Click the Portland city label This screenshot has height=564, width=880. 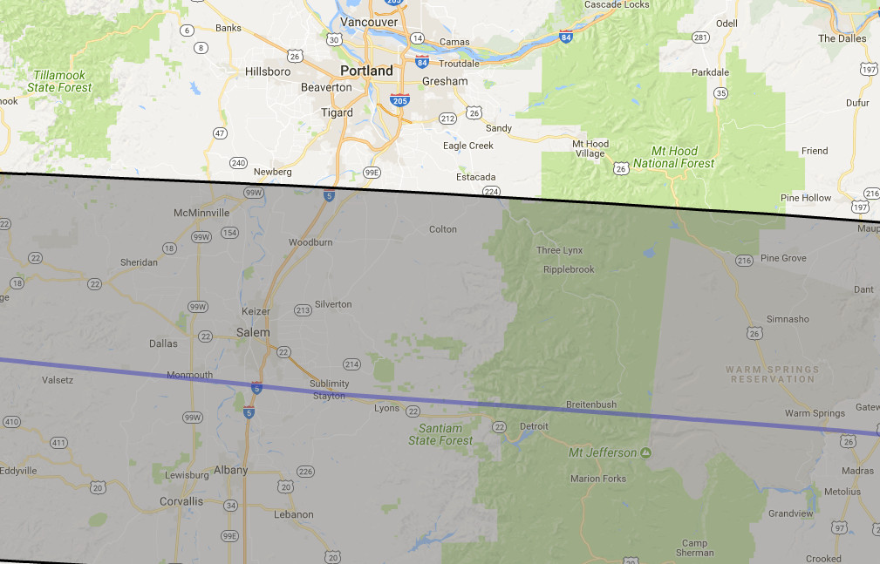366,71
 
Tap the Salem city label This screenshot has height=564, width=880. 253,332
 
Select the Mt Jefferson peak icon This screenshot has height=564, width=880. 645,452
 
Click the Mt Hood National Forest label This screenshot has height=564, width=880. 673,157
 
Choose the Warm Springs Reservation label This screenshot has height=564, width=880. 773,374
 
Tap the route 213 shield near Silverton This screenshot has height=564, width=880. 304,310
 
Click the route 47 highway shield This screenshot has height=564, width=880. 220,133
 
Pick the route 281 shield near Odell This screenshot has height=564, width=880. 700,37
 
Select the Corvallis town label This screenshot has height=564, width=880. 181,501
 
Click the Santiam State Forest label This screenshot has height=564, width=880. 440,434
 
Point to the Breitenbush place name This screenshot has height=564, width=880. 591,404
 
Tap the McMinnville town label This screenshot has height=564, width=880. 201,212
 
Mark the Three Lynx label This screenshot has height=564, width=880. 559,250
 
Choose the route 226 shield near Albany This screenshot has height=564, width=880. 305,472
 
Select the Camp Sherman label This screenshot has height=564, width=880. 694,547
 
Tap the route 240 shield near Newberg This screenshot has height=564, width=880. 238,163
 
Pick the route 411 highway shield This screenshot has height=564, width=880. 58,443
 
